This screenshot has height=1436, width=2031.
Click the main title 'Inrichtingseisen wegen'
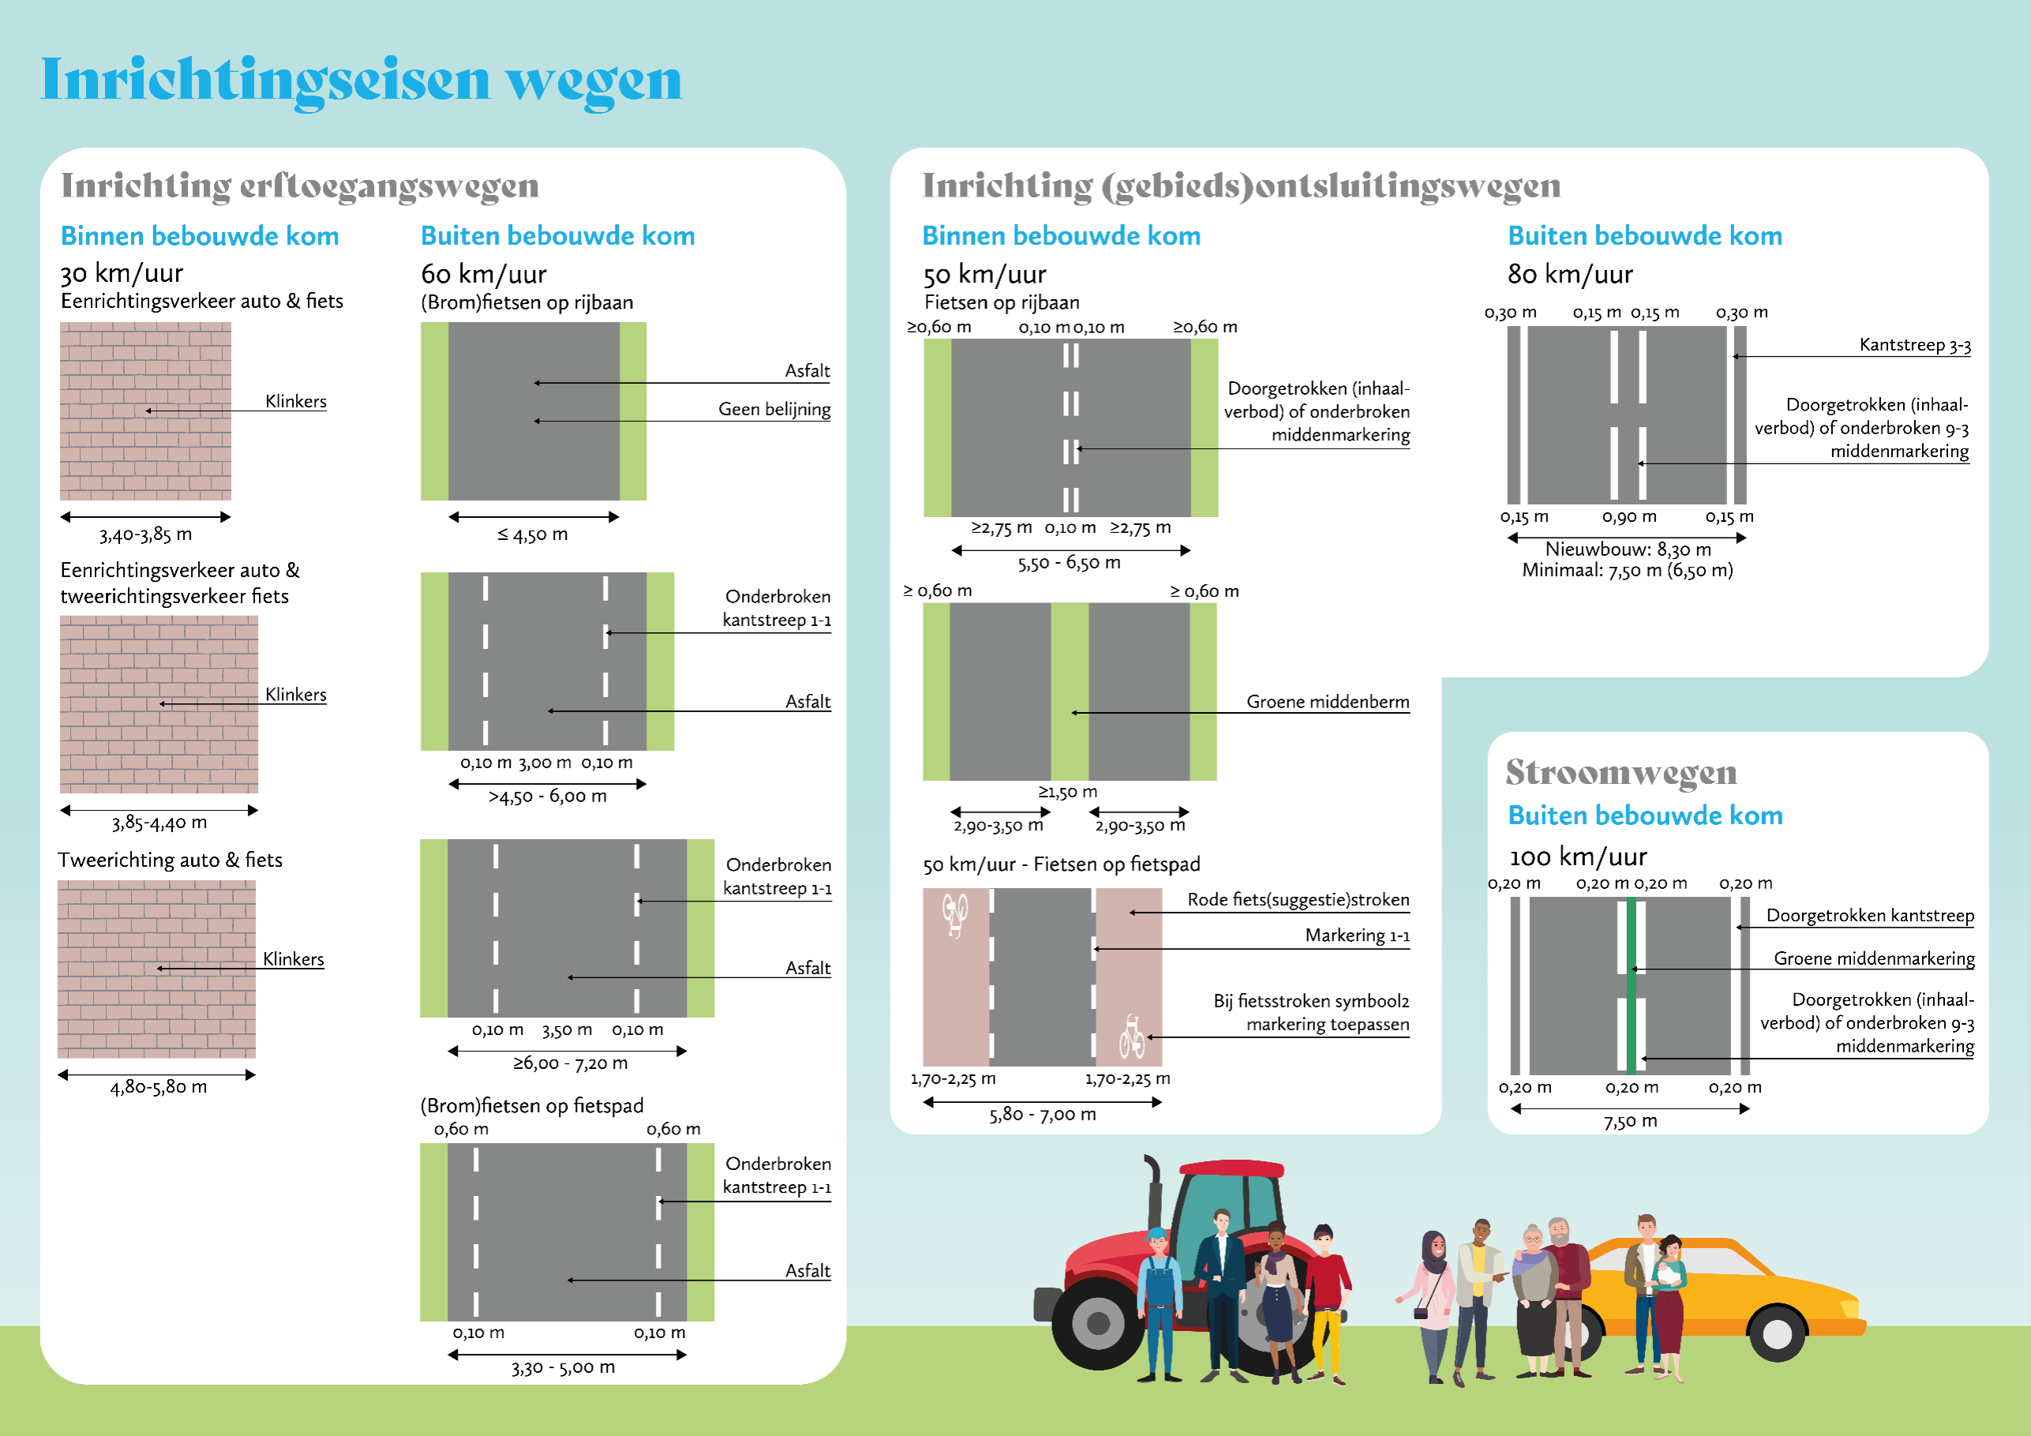[361, 81]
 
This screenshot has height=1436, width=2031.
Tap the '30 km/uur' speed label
[122, 273]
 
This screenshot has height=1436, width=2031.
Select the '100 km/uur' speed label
[1577, 857]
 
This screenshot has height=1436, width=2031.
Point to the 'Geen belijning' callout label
[774, 410]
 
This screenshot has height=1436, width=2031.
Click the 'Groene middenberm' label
[1327, 702]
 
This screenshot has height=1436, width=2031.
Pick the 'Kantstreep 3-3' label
[1914, 345]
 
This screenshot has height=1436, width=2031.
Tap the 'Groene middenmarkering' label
[1874, 958]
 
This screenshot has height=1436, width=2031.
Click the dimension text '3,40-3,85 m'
[145, 534]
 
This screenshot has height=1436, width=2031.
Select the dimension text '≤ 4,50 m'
[533, 534]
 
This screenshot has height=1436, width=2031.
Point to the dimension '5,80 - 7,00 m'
[1042, 1115]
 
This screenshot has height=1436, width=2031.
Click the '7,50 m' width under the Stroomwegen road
[1630, 1122]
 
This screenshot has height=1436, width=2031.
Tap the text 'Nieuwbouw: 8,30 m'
[1628, 549]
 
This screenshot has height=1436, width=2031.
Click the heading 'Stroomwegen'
[1621, 772]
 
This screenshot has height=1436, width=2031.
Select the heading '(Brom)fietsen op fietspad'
[532, 1105]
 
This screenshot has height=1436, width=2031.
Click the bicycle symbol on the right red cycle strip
[1131, 1037]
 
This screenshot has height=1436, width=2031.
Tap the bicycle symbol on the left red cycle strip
[954, 914]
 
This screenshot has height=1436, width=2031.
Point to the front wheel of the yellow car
[1777, 1333]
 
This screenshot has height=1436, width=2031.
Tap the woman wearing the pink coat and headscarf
[1433, 1301]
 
